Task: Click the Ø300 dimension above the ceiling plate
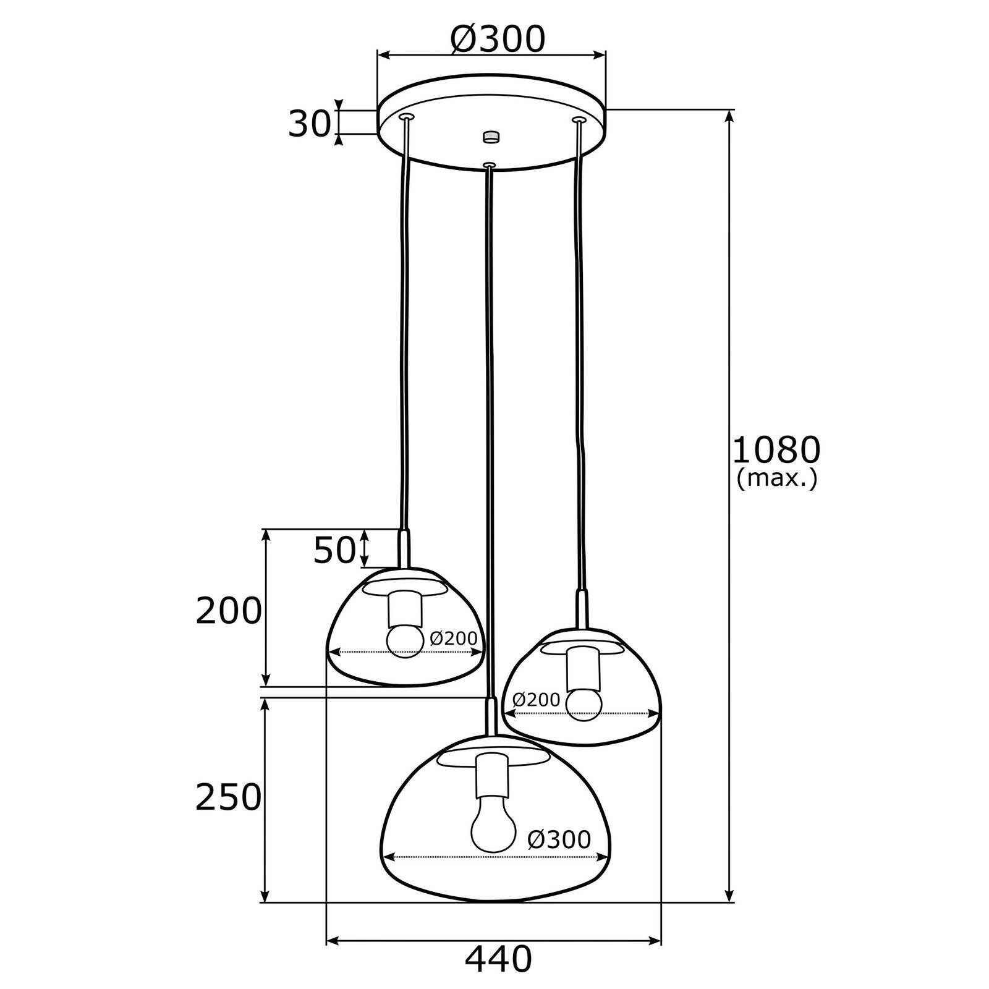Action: pyautogui.click(x=498, y=40)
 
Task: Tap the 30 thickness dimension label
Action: pyautogui.click(x=308, y=125)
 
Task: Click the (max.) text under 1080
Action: pyautogui.click(x=777, y=478)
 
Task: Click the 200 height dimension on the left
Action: pyautogui.click(x=229, y=611)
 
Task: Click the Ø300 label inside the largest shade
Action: pyautogui.click(x=560, y=839)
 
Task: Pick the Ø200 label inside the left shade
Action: pyautogui.click(x=454, y=639)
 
